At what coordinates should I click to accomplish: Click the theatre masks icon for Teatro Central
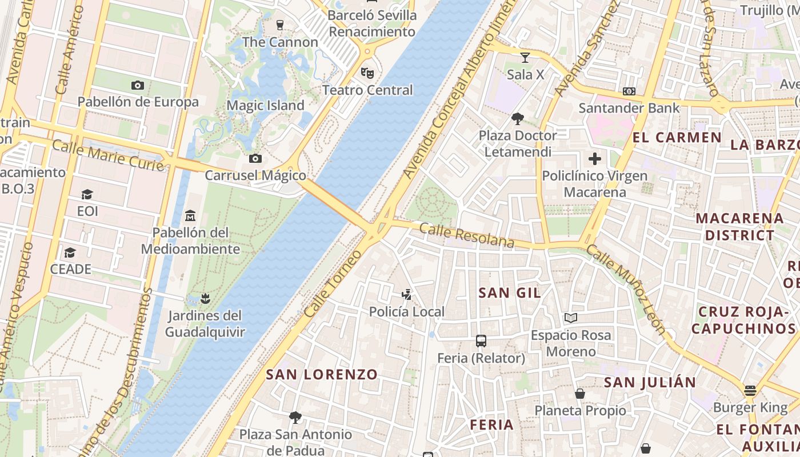(x=367, y=73)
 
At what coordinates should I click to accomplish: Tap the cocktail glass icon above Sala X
(x=525, y=57)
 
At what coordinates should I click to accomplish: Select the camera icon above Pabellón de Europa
(x=138, y=85)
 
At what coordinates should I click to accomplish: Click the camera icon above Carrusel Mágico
(x=255, y=158)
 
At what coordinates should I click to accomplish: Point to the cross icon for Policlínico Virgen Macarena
(x=595, y=159)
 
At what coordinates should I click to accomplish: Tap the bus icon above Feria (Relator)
(x=481, y=341)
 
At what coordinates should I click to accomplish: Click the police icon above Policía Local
(x=406, y=295)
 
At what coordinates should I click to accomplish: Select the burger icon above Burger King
(x=750, y=391)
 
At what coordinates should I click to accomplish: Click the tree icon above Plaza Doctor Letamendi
(x=518, y=119)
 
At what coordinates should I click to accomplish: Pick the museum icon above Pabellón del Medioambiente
(x=190, y=215)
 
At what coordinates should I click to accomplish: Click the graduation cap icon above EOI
(x=87, y=194)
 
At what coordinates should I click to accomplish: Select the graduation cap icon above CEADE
(x=70, y=252)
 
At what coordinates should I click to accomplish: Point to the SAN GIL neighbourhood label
(x=509, y=293)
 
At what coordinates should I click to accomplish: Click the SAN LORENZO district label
(x=322, y=375)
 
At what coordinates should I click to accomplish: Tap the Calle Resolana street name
(x=467, y=235)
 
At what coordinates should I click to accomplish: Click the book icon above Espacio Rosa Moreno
(x=570, y=318)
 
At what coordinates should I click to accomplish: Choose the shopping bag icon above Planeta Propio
(x=580, y=394)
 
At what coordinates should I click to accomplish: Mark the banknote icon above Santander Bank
(x=629, y=91)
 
